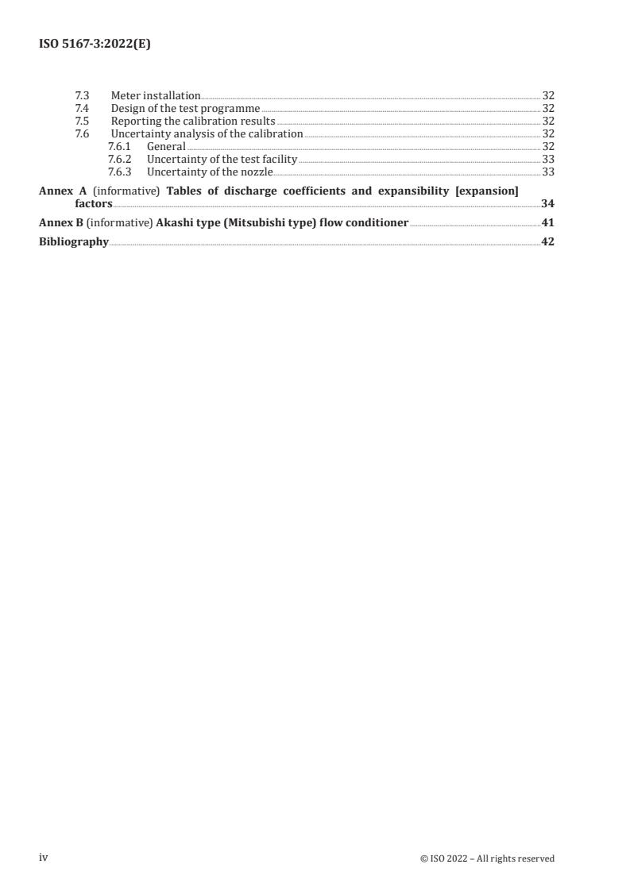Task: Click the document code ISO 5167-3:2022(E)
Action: [x=95, y=44]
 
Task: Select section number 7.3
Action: [x=82, y=95]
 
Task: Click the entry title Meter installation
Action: [x=156, y=95]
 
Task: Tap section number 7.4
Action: [x=82, y=108]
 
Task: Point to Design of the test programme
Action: [x=185, y=108]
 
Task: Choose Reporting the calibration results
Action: [x=193, y=121]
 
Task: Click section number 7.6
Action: [x=82, y=134]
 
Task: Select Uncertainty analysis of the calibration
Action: [x=207, y=134]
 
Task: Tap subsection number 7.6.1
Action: [x=119, y=147]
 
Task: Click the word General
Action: [x=166, y=147]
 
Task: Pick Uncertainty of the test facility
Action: [x=222, y=160]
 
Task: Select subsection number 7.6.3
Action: [x=119, y=172]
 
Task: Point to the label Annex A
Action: [x=63, y=191]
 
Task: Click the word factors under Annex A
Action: [x=94, y=204]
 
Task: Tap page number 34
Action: [x=547, y=204]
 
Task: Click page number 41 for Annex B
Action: [x=547, y=223]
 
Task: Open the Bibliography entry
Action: [x=74, y=242]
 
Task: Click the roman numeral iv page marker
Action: [x=44, y=858]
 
